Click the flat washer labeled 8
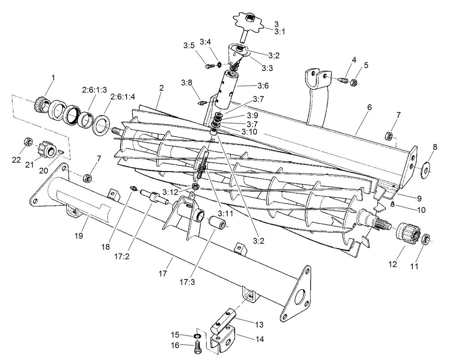(x=427, y=170)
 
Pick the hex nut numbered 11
(x=425, y=238)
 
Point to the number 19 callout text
(x=79, y=236)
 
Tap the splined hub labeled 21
(x=48, y=148)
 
